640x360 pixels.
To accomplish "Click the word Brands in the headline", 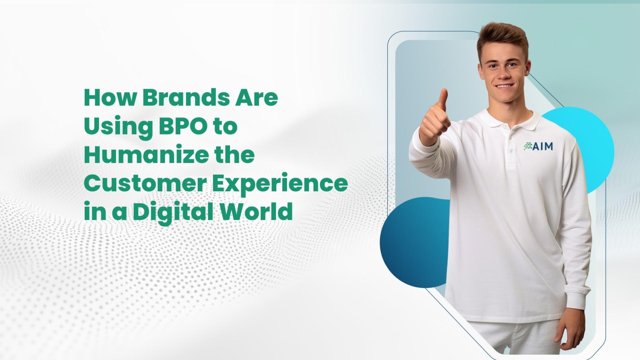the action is click(186, 98).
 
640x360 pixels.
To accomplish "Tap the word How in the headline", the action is click(110, 98).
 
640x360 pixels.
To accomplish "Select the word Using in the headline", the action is click(119, 128).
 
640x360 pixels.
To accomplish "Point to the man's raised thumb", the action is click(443, 100).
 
